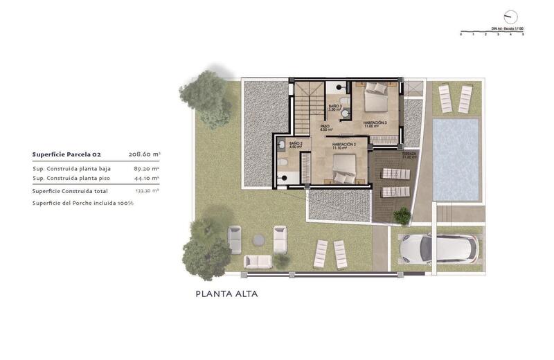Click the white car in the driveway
(x=437, y=249)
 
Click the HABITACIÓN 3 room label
(x=375, y=123)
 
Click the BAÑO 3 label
(x=335, y=107)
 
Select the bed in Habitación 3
(x=377, y=98)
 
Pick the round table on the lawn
(x=258, y=240)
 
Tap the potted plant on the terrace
(x=402, y=217)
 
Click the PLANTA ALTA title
(x=226, y=294)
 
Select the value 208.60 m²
(x=144, y=154)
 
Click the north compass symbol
(x=511, y=16)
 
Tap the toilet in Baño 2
(x=284, y=163)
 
